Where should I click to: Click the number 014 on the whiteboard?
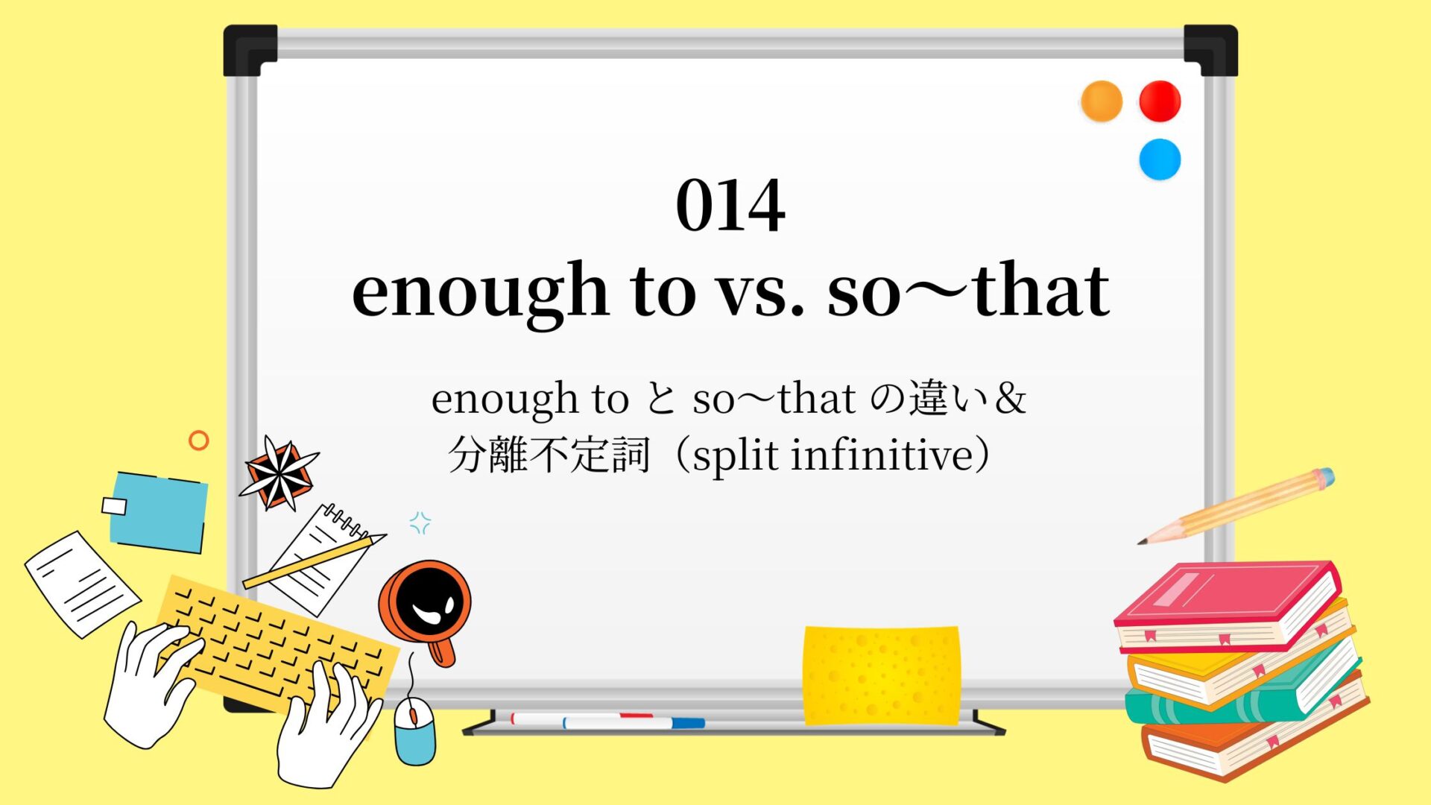coord(730,205)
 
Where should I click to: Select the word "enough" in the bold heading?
coord(480,293)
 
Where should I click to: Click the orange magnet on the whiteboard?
coord(1102,101)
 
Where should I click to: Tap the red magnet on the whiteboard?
coord(1160,101)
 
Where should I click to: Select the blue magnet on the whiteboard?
coord(1160,159)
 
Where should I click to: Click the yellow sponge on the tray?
coord(881,675)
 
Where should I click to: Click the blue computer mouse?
coord(414,730)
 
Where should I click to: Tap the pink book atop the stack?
coord(1226,605)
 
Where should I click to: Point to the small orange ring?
coord(199,441)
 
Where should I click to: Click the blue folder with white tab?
coord(157,512)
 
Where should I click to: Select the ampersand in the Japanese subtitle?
coord(1010,399)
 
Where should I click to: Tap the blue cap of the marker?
coord(688,722)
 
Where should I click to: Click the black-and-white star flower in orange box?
coord(279,474)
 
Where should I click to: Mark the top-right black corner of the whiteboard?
coord(1211,49)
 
